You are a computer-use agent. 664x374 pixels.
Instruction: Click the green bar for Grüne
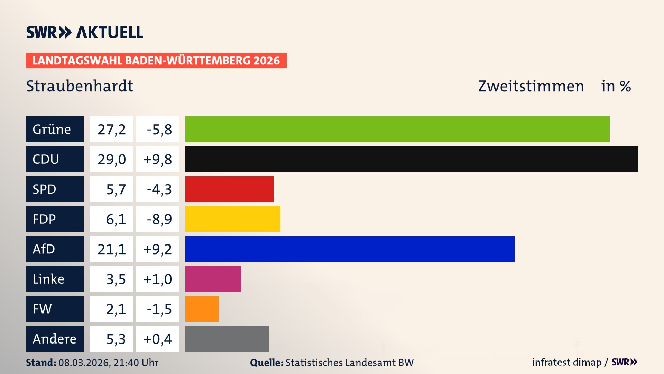(398, 129)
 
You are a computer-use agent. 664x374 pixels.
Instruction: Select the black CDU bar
(412, 159)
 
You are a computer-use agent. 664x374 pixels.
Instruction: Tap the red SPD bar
(229, 189)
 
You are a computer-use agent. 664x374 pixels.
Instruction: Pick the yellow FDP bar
(233, 219)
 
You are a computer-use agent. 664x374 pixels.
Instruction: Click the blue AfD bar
(350, 249)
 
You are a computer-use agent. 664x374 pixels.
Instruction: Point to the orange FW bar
(202, 309)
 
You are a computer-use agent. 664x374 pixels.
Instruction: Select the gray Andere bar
(227, 339)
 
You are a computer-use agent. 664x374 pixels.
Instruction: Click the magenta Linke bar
(213, 279)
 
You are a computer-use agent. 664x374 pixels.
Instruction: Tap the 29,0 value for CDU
(111, 159)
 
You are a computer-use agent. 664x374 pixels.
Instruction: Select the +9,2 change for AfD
(158, 249)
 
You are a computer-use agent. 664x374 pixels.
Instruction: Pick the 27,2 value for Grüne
(111, 130)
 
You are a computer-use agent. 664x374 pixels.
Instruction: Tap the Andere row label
(55, 339)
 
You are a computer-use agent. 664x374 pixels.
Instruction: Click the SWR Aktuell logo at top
(84, 32)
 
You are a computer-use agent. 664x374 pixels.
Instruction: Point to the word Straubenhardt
(80, 86)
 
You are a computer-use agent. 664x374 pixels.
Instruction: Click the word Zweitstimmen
(531, 86)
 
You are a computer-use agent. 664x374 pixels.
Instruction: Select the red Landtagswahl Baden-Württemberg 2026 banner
(156, 61)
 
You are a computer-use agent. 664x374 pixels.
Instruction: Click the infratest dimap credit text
(566, 362)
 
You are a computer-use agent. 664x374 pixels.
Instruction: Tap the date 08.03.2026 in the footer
(84, 363)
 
